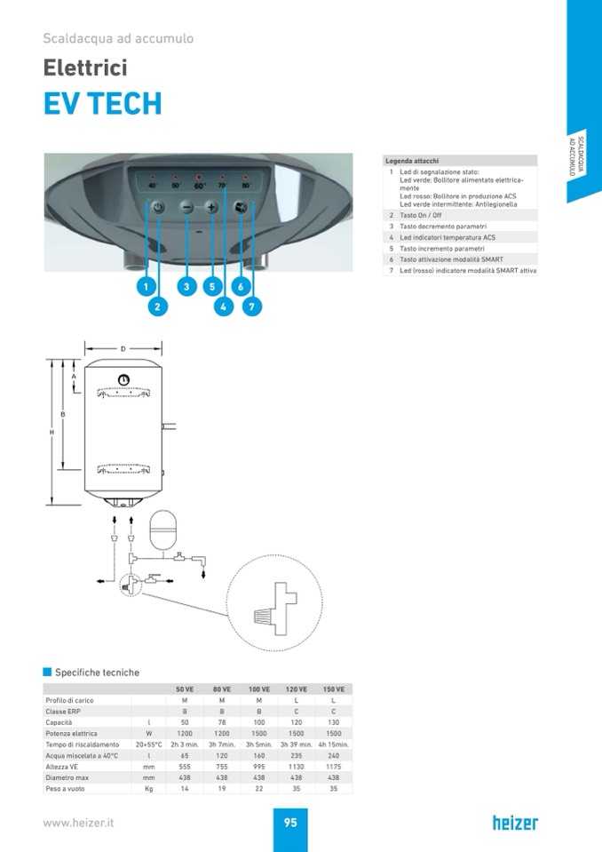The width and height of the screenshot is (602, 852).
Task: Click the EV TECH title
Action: pyautogui.click(x=103, y=103)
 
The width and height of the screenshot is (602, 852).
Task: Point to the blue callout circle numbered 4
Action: pyautogui.click(x=224, y=307)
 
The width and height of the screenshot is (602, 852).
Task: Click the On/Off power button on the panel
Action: pyautogui.click(x=157, y=207)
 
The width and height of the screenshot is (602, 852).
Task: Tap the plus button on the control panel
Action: pyautogui.click(x=211, y=207)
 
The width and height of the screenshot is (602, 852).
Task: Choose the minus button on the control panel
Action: pyautogui.click(x=186, y=207)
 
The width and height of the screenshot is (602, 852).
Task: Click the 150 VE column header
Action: pyautogui.click(x=333, y=689)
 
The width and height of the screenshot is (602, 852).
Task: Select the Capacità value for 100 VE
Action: pyautogui.click(x=258, y=722)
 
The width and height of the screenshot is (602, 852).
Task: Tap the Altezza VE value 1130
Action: pyautogui.click(x=296, y=766)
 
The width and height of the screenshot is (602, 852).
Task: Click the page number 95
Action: pyautogui.click(x=290, y=823)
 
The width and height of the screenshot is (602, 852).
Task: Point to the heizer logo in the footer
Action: pyautogui.click(x=515, y=823)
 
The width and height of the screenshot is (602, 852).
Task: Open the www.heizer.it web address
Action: pyautogui.click(x=79, y=823)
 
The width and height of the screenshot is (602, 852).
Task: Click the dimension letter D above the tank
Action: pyautogui.click(x=123, y=348)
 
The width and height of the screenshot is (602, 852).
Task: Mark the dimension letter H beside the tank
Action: pyautogui.click(x=51, y=432)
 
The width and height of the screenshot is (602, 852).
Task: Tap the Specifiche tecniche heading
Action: pyautogui.click(x=97, y=673)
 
